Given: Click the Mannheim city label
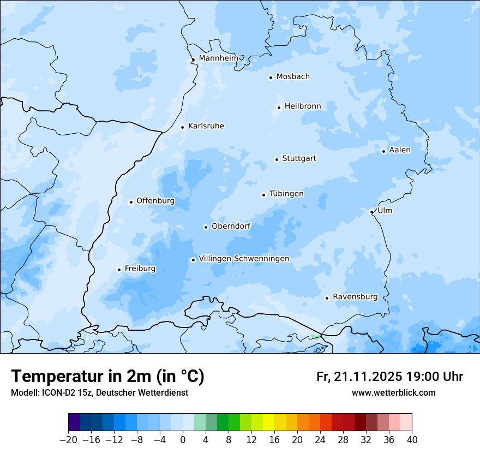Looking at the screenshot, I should pos(218,58).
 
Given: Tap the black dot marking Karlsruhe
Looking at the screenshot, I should pos(183,127).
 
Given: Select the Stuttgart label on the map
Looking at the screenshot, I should pos(299,158).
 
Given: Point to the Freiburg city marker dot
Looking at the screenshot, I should pos(119,270).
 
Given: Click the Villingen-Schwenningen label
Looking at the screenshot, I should pos(244,258).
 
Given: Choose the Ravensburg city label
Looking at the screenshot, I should pos(355,296).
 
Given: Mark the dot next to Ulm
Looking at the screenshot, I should pos(371,212).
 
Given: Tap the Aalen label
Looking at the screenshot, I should pos(400,150).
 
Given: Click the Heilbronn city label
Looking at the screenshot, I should pos(303,106).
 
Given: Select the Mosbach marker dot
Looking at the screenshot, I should pos(271,78).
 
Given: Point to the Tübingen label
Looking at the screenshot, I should pos(286,194).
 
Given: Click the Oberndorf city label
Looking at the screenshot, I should pos(231,226).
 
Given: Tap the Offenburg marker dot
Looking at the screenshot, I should pos(131,202).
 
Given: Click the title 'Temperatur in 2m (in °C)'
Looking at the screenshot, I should pos(107,376).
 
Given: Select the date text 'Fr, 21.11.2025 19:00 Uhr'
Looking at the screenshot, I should pos(389,377).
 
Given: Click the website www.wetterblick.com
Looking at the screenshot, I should pos(393,392).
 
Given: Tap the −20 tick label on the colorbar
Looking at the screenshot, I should pos(69,440).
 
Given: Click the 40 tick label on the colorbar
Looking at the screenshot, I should pos(412,440).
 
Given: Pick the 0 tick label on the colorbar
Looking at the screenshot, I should pos(183,440).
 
